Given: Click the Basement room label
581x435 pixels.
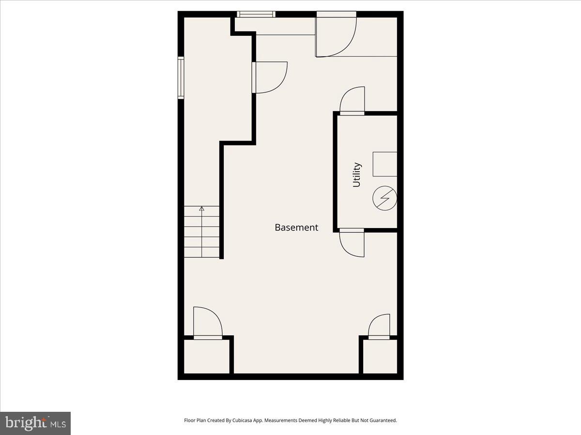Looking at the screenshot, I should pos(296,227).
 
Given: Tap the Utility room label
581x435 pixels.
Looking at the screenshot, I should pos(357,174).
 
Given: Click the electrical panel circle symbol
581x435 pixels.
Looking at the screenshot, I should pos(385,198).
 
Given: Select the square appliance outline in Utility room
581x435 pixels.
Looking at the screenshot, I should pos(385,164).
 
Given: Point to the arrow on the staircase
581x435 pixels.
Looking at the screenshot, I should pos(202,209).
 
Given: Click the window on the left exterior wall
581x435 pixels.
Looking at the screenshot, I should pos(181,77).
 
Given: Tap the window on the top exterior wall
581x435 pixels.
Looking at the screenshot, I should pos(256,14).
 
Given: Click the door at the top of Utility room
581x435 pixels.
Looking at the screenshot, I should pos(352,101).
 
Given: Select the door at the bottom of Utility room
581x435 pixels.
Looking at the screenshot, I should pos(352,243).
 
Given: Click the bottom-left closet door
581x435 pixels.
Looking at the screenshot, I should pos(207,323).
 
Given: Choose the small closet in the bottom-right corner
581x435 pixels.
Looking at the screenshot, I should pos(380,356).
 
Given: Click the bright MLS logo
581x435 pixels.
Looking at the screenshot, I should pos(35,423).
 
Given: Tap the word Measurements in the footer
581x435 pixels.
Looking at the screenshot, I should pos(290,420).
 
